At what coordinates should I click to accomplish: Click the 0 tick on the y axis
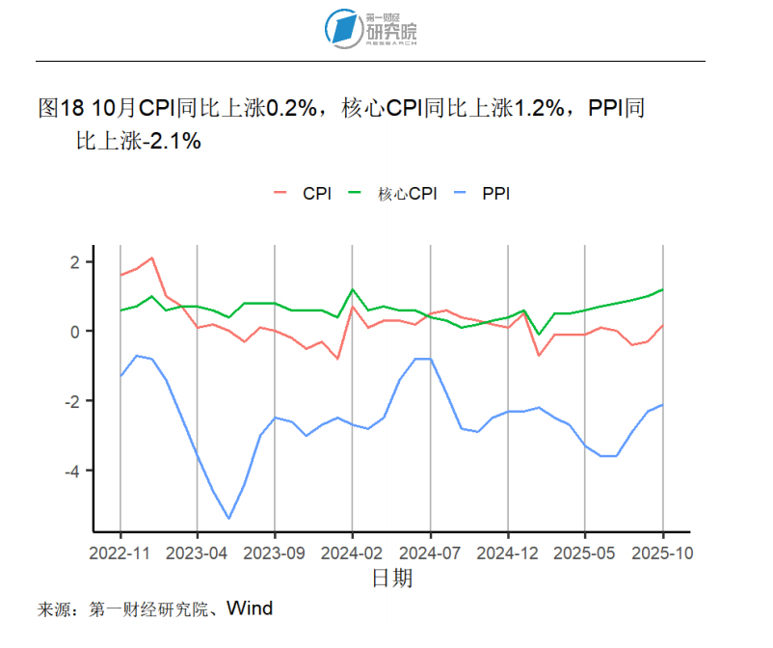pyautogui.click(x=78, y=332)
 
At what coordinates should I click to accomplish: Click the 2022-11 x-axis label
pyautogui.click(x=120, y=553)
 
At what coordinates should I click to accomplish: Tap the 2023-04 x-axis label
pyautogui.click(x=198, y=553)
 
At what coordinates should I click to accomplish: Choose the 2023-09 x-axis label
pyautogui.click(x=275, y=553)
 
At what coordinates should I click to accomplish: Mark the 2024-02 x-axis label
pyautogui.click(x=353, y=553)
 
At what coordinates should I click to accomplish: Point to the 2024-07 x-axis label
pyautogui.click(x=430, y=553)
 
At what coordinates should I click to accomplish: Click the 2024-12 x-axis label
pyautogui.click(x=508, y=553)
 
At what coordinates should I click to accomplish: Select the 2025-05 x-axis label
pyautogui.click(x=585, y=553)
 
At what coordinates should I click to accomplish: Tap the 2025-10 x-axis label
pyautogui.click(x=662, y=553)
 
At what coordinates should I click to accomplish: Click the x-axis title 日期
pyautogui.click(x=391, y=579)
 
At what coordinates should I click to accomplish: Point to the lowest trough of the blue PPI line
pyautogui.click(x=228, y=519)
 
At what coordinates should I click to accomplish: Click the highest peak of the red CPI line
pyautogui.click(x=151, y=257)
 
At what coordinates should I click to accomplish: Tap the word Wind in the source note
pyautogui.click(x=250, y=608)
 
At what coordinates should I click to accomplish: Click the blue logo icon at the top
pyautogui.click(x=342, y=29)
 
